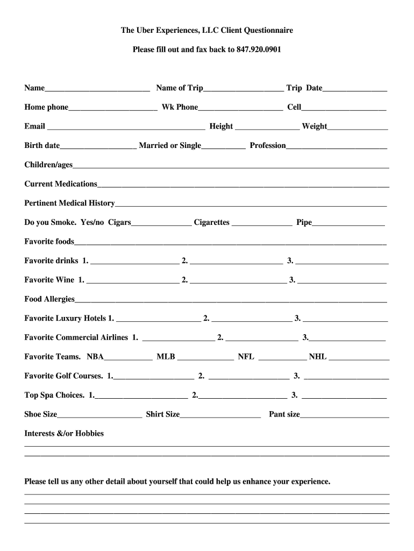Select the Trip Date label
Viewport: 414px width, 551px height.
coord(304,88)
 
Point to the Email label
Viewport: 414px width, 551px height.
coord(34,126)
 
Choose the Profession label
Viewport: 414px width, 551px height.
coord(268,146)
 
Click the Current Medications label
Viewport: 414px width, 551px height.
coord(61,184)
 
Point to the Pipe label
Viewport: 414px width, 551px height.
coord(304,223)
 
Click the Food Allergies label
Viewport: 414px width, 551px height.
coord(49,299)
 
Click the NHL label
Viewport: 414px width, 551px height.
coord(318,357)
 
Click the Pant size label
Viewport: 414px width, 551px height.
coord(284,414)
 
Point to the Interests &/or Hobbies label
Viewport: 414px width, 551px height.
coord(64,433)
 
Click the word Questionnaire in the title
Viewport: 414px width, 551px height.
coord(264,31)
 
